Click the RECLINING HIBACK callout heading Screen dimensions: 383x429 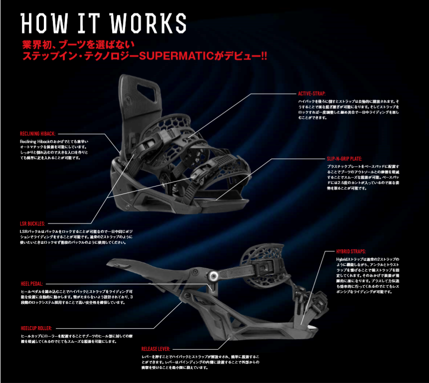38,134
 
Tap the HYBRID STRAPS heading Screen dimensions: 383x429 351,252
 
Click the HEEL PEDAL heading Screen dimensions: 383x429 32,283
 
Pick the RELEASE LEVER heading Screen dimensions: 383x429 157,349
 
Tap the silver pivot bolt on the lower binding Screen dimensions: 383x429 213,275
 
